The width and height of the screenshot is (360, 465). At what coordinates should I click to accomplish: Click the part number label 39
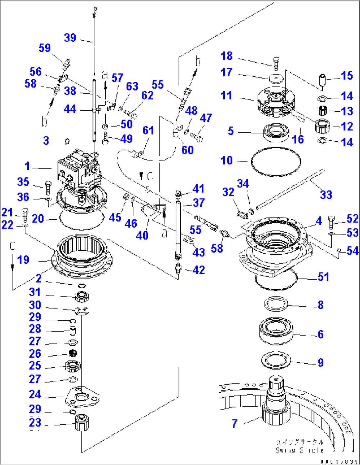tap(70, 38)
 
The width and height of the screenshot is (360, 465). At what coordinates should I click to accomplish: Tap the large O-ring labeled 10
tap(276, 161)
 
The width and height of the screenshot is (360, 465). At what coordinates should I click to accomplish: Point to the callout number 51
tap(323, 277)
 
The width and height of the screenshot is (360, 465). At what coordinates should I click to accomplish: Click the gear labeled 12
tap(322, 126)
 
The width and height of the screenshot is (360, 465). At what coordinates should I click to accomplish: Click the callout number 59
tap(45, 48)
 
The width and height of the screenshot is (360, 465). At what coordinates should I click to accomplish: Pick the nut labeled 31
tap(82, 297)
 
